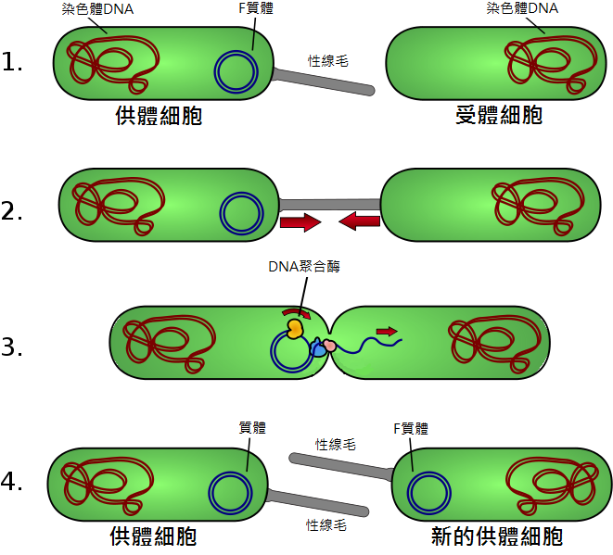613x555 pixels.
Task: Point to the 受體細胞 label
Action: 499,116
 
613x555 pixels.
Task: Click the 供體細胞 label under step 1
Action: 159,116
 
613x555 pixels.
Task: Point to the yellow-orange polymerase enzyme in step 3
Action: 295,328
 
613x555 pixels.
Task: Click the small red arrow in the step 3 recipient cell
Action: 387,330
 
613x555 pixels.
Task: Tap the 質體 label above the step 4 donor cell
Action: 252,428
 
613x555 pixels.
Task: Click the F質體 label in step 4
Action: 411,428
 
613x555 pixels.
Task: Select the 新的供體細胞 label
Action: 497,537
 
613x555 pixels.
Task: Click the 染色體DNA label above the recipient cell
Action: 522,9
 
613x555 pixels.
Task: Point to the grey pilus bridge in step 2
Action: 330,203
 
